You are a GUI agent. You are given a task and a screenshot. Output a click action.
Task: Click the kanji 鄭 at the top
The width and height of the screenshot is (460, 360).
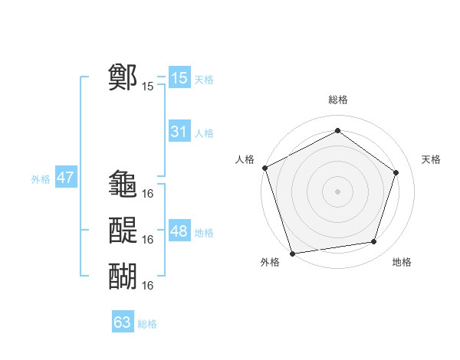tap(123, 77)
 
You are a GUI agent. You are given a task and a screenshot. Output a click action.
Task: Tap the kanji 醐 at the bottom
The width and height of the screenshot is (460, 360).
tap(123, 275)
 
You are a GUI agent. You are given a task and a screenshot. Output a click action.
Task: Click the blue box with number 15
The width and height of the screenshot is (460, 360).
tap(179, 78)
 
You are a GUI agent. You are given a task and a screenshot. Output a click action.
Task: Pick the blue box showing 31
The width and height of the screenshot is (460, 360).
tap(179, 132)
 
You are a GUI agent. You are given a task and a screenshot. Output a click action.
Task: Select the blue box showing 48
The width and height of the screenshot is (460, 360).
tap(179, 231)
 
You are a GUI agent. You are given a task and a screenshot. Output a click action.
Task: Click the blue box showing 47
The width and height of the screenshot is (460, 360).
tap(65, 178)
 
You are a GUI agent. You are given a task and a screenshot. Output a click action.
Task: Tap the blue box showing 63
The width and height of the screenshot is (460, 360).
tap(122, 322)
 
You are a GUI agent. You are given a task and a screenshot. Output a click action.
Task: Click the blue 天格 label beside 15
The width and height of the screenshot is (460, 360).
tap(204, 80)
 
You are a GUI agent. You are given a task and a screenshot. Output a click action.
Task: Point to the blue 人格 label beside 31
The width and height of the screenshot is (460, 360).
tap(204, 133)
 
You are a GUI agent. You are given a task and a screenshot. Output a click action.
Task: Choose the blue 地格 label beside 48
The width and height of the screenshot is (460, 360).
tap(204, 233)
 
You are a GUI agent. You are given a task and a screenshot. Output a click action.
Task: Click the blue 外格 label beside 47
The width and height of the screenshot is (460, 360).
tap(41, 180)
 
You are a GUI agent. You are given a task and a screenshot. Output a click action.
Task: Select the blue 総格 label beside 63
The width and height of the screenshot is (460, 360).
tap(147, 324)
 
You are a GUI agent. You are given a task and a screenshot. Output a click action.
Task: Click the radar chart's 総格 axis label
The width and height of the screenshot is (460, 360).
tap(337, 100)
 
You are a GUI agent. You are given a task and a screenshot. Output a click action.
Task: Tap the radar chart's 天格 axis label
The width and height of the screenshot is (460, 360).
tap(432, 159)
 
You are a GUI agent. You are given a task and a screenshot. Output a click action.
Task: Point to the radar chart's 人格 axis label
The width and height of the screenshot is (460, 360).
tap(245, 159)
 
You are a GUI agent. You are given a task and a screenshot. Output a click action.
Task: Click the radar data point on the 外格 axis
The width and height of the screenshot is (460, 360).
tap(292, 253)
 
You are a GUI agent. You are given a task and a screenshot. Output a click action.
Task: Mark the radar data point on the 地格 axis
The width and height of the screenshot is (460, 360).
tap(373, 242)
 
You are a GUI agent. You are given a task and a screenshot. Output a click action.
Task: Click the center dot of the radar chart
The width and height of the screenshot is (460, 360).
tap(337, 191)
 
